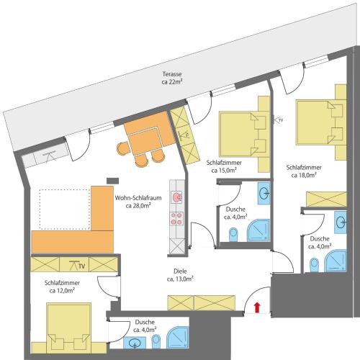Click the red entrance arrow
(x=257, y=307)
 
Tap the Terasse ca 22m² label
(x=171, y=78)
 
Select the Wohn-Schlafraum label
(x=138, y=198)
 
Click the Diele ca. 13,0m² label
(x=180, y=275)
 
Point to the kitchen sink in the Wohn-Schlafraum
(x=177, y=197)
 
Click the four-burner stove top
(x=176, y=219)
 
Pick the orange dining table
(x=143, y=141)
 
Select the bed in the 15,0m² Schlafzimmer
(x=243, y=134)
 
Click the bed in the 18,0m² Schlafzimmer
(x=319, y=122)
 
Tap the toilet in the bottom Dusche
(x=156, y=341)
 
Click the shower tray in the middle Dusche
(x=258, y=230)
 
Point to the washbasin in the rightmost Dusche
(x=341, y=222)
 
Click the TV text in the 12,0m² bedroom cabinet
(x=82, y=266)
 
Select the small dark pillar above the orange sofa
(x=112, y=181)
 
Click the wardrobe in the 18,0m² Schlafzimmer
(x=326, y=199)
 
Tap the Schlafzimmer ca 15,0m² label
(x=224, y=166)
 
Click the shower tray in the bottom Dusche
(x=178, y=337)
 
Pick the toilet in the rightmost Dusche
(x=314, y=265)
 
